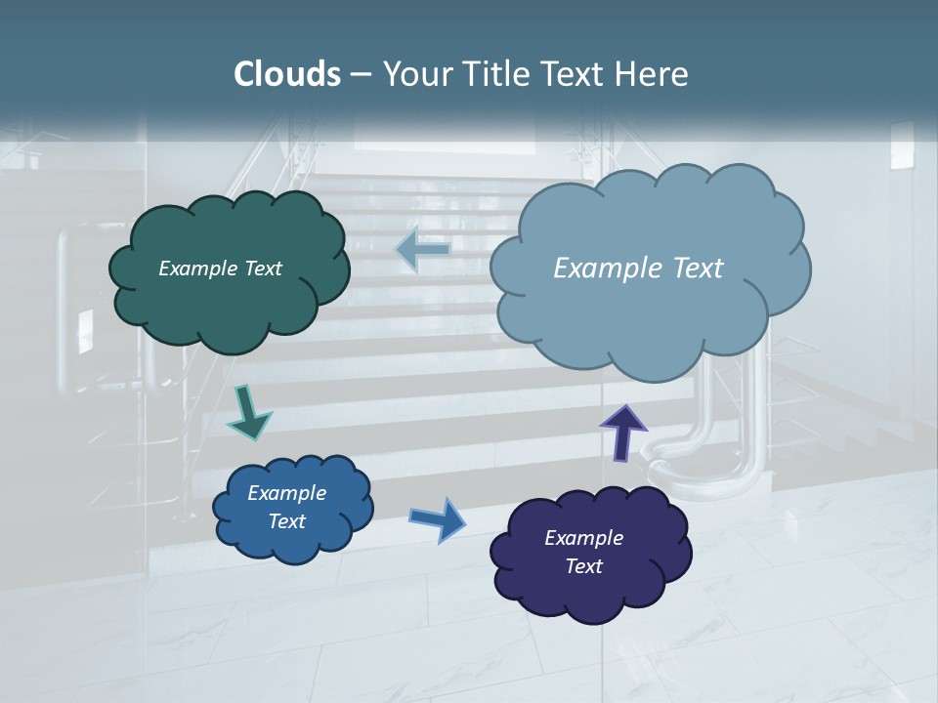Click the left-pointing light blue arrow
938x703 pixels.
[423, 250]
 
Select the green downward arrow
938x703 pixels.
[248, 413]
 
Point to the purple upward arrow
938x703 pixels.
[622, 431]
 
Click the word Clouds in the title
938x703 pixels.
[286, 74]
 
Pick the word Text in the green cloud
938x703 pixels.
[263, 269]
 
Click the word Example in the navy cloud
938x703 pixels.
[583, 538]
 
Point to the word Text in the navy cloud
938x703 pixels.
[583, 566]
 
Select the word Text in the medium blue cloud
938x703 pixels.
[286, 521]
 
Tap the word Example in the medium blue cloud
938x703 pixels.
[286, 493]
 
